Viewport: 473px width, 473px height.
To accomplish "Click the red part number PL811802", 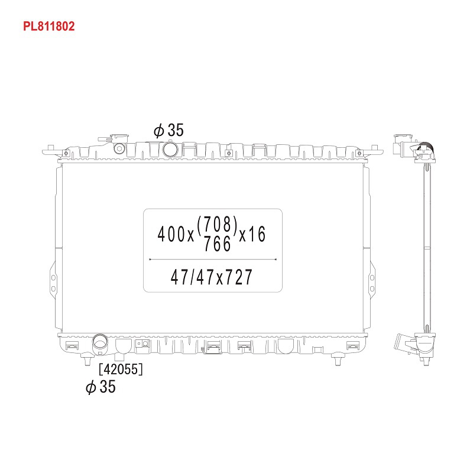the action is click(49, 26).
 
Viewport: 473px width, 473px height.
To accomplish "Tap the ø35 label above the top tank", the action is click(169, 130).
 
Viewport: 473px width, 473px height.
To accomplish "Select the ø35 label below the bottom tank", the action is click(101, 387).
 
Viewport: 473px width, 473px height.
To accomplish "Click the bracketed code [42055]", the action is click(121, 369).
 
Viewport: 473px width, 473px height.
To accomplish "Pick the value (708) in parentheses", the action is click(218, 225).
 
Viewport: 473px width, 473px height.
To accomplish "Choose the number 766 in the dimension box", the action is click(218, 244).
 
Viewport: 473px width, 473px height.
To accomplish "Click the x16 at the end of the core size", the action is click(252, 234).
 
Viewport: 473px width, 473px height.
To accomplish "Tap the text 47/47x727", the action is click(211, 277).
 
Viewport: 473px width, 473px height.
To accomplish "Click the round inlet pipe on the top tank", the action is click(170, 150).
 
